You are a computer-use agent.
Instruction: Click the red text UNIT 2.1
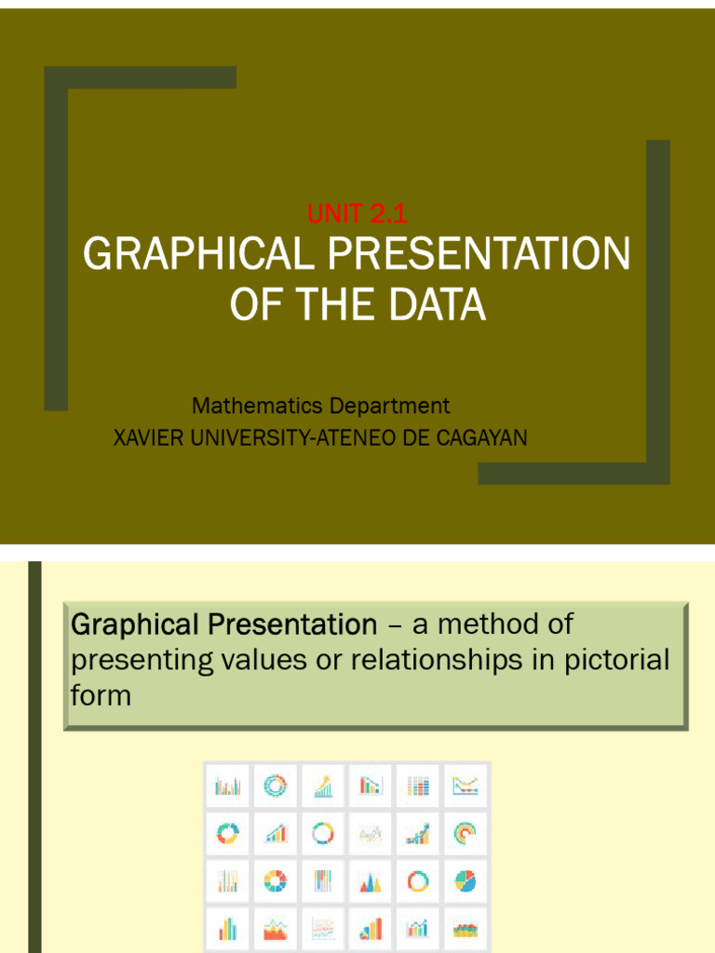(357, 214)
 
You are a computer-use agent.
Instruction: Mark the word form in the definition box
(101, 695)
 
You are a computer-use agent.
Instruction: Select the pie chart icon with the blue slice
(465, 879)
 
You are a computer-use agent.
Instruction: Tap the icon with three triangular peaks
(370, 879)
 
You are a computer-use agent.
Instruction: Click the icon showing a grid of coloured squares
(418, 786)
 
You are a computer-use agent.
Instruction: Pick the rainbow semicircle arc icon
(465, 832)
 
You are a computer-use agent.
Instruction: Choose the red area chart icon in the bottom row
(275, 928)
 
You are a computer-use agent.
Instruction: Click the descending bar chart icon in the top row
(370, 786)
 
